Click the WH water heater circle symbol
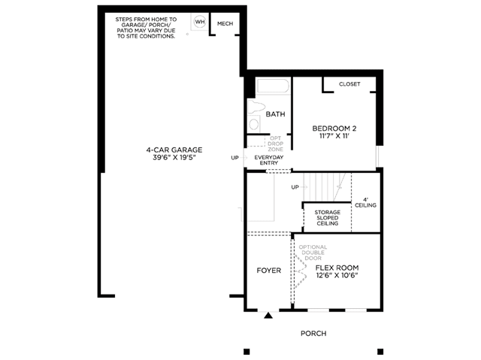[200, 22]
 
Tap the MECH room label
[225, 23]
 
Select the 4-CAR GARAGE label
[174, 150]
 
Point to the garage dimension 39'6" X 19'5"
[174, 158]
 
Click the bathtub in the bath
[273, 86]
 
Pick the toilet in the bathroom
[256, 107]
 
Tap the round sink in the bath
[254, 124]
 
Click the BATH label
[276, 114]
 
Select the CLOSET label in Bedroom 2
[349, 84]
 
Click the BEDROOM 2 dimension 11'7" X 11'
[334, 136]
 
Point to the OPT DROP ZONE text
[276, 144]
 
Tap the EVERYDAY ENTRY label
[269, 160]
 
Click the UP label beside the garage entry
[234, 158]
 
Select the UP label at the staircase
[295, 187]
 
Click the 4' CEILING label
[366, 202]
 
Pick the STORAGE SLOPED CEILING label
[328, 218]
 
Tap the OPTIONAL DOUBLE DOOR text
[313, 253]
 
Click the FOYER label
[269, 271]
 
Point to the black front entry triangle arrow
[268, 315]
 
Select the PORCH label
[313, 334]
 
